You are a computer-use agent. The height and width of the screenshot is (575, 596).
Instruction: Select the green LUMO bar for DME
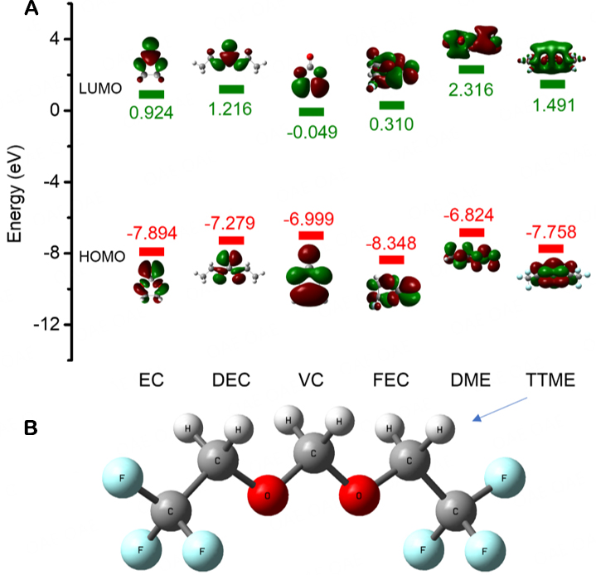[471, 70]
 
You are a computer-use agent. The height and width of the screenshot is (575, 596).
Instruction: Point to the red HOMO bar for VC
[313, 236]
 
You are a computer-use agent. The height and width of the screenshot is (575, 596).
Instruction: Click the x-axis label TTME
[550, 382]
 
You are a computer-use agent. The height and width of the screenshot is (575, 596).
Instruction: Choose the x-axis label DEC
[231, 382]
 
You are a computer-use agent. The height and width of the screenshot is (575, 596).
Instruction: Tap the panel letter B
[31, 428]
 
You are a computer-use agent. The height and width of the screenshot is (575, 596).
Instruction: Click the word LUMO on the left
[100, 87]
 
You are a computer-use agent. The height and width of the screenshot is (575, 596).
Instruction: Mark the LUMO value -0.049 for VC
[312, 131]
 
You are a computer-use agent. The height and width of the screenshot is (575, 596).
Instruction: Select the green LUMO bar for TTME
[551, 84]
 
